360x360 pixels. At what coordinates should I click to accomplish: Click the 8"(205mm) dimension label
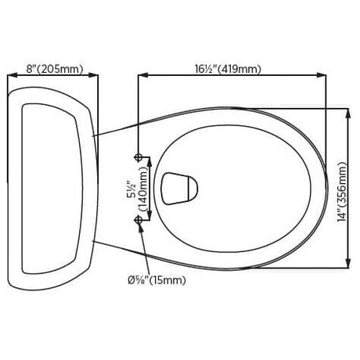point(55,69)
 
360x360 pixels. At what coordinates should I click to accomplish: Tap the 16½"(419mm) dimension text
point(228,69)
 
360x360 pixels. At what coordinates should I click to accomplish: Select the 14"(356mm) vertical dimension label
point(342,193)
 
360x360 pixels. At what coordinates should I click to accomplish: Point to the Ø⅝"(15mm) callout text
point(157,280)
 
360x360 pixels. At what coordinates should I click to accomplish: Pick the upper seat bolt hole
point(139,157)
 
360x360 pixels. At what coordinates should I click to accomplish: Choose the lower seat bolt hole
point(139,221)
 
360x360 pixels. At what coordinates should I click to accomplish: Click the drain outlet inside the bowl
point(179,189)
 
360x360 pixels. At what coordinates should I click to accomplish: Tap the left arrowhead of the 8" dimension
point(12,75)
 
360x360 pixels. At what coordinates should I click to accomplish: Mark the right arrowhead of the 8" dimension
point(94,75)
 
